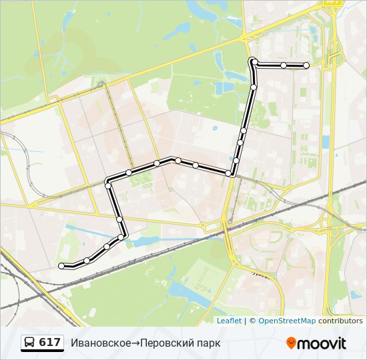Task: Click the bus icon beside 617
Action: pyautogui.click(x=30, y=343)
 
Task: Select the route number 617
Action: pyautogui.click(x=50, y=343)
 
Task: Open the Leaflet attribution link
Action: pyautogui.click(x=229, y=321)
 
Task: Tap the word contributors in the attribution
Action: pyautogui.click(x=340, y=321)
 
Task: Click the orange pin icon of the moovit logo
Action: pyautogui.click(x=292, y=343)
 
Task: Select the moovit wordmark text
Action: pyautogui.click(x=323, y=343)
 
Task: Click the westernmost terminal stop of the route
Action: pyautogui.click(x=61, y=266)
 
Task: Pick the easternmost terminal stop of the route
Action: pyautogui.click(x=306, y=65)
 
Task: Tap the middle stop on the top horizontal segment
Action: pyautogui.click(x=284, y=65)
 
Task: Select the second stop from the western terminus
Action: pyautogui.click(x=87, y=261)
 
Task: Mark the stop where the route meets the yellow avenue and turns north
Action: pyautogui.click(x=229, y=173)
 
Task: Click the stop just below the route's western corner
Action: pyautogui.click(x=107, y=186)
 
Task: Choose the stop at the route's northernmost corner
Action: pyautogui.click(x=254, y=62)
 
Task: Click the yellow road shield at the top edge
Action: pyautogui.click(x=332, y=2)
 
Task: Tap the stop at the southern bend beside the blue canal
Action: pyautogui.click(x=121, y=237)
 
